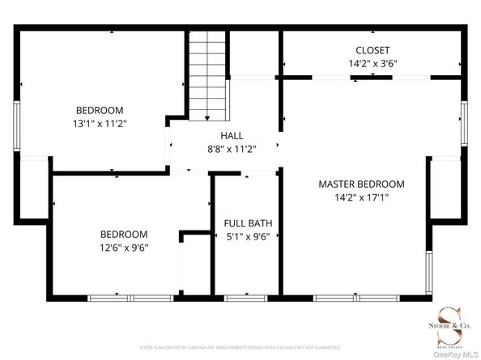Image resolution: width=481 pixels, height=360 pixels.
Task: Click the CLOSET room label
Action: [372, 49]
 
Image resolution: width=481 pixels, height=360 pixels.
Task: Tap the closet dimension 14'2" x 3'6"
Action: [372, 62]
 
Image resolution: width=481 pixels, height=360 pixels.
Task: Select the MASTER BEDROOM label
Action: [361, 184]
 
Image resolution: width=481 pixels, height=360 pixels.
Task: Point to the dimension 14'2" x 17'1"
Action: [361, 197]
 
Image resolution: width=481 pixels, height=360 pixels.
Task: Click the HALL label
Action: [231, 136]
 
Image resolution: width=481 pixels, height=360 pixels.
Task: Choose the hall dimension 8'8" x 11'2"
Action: [231, 149]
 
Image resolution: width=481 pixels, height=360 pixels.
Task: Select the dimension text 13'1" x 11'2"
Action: [100, 123]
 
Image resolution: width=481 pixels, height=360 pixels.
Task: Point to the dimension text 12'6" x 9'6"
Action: [124, 247]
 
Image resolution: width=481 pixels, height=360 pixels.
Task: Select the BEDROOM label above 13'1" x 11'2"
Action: [100, 110]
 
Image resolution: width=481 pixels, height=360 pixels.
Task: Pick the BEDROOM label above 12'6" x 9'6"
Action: [124, 234]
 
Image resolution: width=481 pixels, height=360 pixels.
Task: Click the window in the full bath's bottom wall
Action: [245, 299]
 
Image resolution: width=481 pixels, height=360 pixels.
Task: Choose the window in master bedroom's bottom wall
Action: [340, 299]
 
